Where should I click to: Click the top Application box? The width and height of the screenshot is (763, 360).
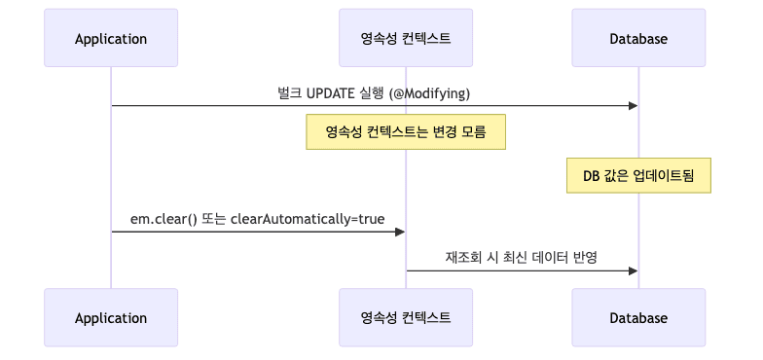point(111,39)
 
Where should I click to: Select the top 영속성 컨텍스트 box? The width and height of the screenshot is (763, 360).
point(406,39)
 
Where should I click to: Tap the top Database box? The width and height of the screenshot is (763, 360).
point(638,39)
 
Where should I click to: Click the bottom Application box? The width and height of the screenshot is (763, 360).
point(111,317)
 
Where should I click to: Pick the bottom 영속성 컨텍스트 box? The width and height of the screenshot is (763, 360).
point(406,317)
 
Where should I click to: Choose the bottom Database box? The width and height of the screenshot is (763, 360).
point(638,317)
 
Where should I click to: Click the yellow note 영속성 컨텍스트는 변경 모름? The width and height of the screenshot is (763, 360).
point(406,131)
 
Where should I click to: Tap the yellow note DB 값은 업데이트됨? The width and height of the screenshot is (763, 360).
point(638,175)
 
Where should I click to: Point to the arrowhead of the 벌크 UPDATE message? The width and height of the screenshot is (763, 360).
point(633,105)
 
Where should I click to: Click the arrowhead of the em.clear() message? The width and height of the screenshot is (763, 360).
point(400,232)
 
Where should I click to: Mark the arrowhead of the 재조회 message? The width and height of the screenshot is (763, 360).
point(633,270)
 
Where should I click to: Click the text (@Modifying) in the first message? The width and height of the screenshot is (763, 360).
point(430,92)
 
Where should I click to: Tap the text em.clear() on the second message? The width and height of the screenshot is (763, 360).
point(163,219)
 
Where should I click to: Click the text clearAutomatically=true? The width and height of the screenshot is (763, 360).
point(308,219)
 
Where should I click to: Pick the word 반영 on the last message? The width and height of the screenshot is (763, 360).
point(584,258)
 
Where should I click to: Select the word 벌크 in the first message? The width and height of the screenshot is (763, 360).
point(289,92)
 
